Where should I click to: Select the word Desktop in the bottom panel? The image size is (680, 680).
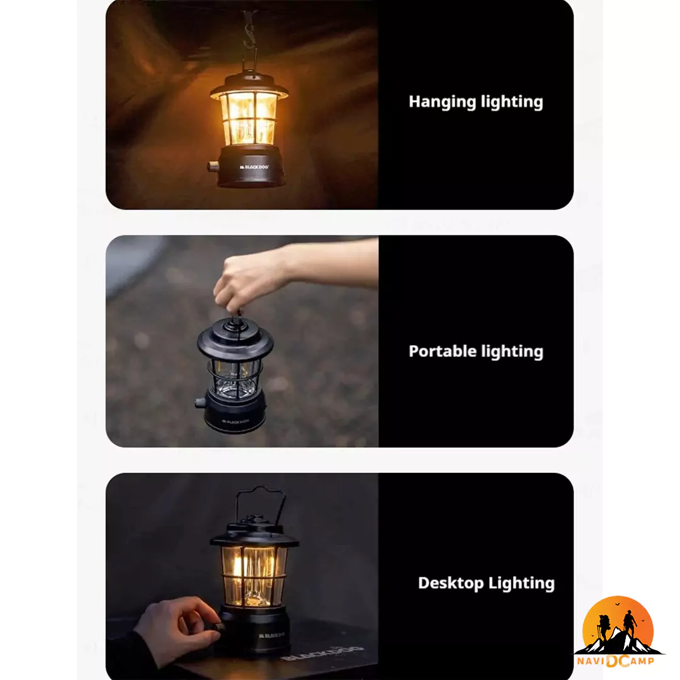pyautogui.click(x=451, y=583)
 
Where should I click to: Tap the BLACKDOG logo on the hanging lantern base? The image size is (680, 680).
pyautogui.click(x=254, y=167)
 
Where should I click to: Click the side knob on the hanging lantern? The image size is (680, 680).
pyautogui.click(x=213, y=166)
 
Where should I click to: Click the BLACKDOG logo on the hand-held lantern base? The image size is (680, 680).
pyautogui.click(x=236, y=421)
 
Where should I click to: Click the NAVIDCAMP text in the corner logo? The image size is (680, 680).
pyautogui.click(x=615, y=661)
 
